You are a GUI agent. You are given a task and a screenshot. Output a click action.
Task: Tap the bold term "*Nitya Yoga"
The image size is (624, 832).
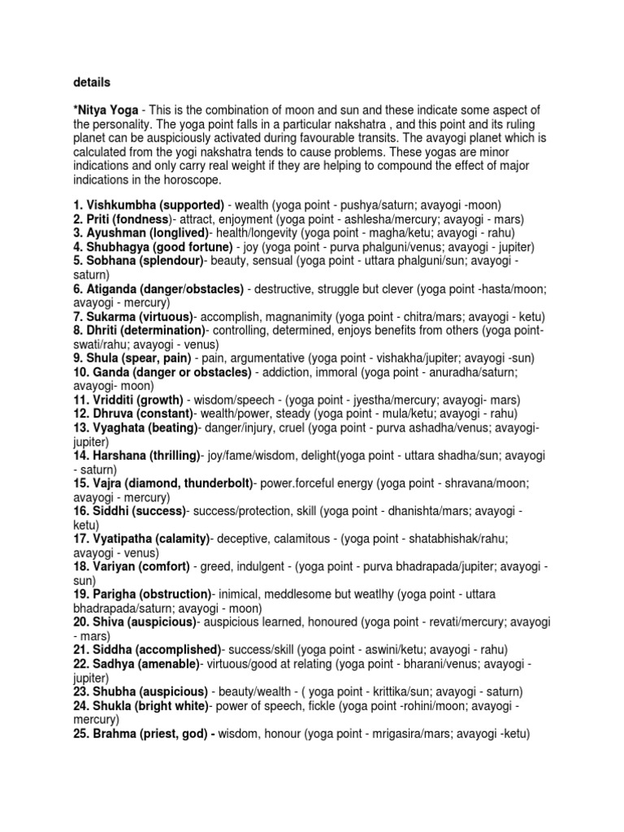(x=106, y=110)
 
